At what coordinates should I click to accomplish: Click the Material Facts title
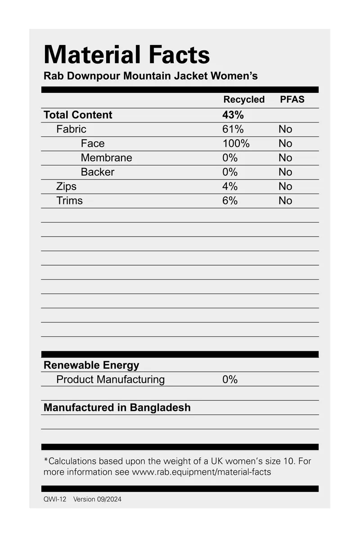pyautogui.click(x=126, y=54)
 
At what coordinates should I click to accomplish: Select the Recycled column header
pyautogui.click(x=244, y=100)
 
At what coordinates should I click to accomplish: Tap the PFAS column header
pyautogui.click(x=292, y=100)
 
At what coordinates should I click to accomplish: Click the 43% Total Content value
pyautogui.click(x=233, y=115)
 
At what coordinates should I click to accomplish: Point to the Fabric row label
pyautogui.click(x=71, y=129)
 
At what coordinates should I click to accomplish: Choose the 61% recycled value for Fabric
pyautogui.click(x=233, y=129)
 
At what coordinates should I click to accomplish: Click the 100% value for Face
pyautogui.click(x=236, y=144)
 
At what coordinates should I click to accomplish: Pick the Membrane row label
pyautogui.click(x=106, y=158)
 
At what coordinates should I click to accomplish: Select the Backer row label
pyautogui.click(x=97, y=172)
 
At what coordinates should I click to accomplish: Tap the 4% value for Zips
pyautogui.click(x=229, y=186)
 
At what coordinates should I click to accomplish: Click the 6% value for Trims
pyautogui.click(x=229, y=201)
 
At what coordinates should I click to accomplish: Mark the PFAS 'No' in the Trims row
pyautogui.click(x=285, y=201)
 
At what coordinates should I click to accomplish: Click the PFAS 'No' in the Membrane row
pyautogui.click(x=285, y=158)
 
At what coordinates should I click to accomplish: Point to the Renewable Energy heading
pyautogui.click(x=91, y=365)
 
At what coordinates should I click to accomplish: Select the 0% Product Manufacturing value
pyautogui.click(x=229, y=380)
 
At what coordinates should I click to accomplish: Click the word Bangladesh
pyautogui.click(x=160, y=408)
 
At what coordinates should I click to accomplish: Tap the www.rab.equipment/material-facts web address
pyautogui.click(x=201, y=472)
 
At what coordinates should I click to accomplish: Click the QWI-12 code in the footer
pyautogui.click(x=54, y=499)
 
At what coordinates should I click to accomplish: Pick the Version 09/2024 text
pyautogui.click(x=97, y=499)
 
